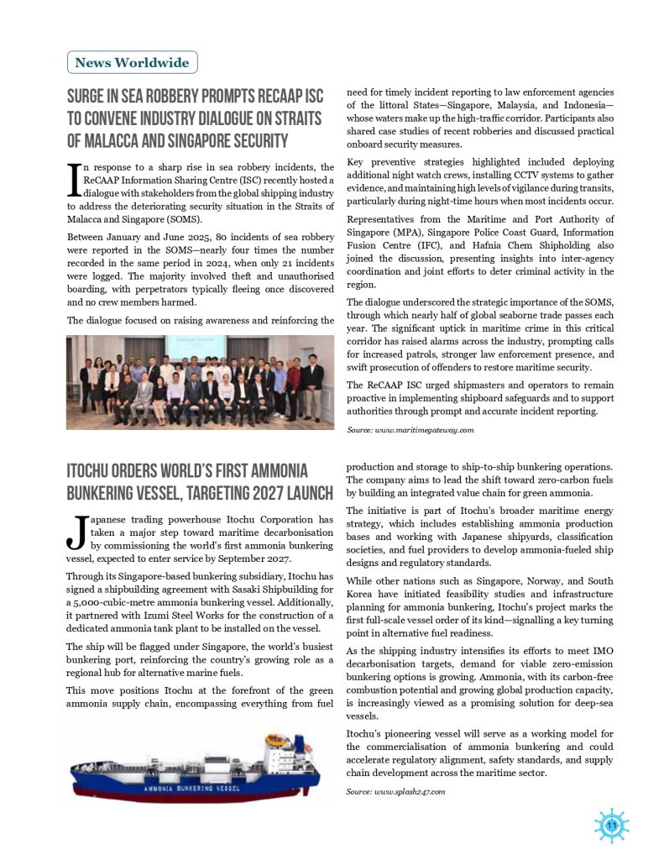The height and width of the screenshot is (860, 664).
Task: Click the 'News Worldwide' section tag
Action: [x=133, y=62]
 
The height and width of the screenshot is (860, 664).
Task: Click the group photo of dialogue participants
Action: [x=200, y=382]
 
